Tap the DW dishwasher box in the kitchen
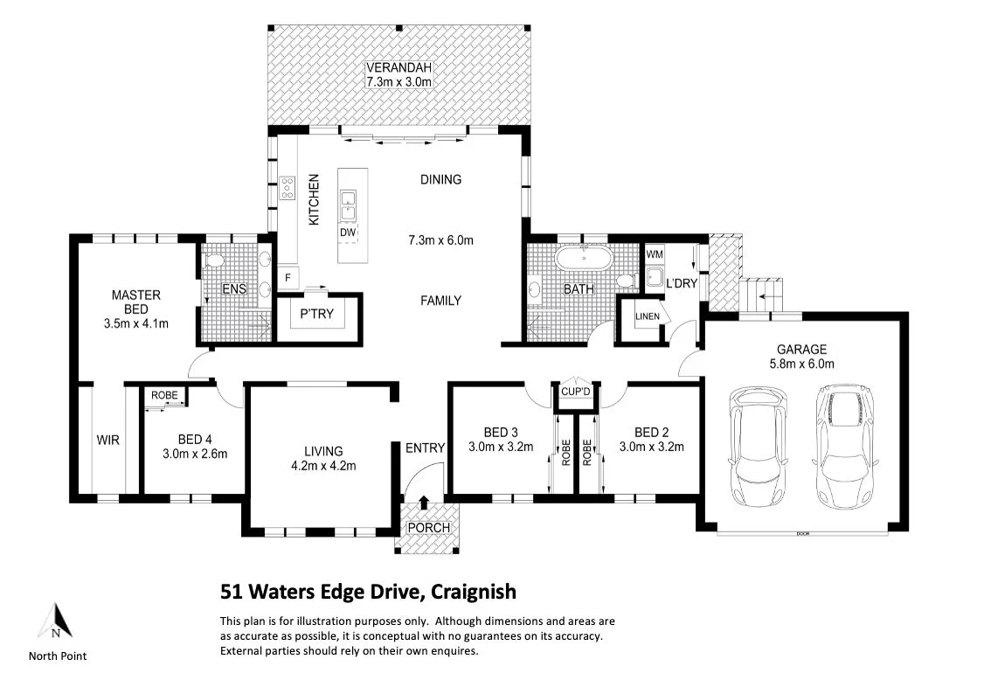pyautogui.click(x=348, y=232)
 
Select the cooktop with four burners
pyautogui.click(x=288, y=189)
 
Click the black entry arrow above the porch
pyautogui.click(x=424, y=502)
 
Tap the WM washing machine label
pyautogui.click(x=655, y=254)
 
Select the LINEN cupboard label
pyautogui.click(x=647, y=316)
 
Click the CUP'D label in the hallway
pyautogui.click(x=576, y=392)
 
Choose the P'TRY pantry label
pyautogui.click(x=317, y=313)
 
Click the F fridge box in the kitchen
pyautogui.click(x=288, y=277)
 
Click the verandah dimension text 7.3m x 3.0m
pyautogui.click(x=398, y=81)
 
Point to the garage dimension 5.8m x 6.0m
pyautogui.click(x=802, y=364)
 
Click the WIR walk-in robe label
pyautogui.click(x=108, y=440)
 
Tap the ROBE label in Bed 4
pyautogui.click(x=164, y=395)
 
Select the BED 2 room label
pyautogui.click(x=651, y=432)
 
